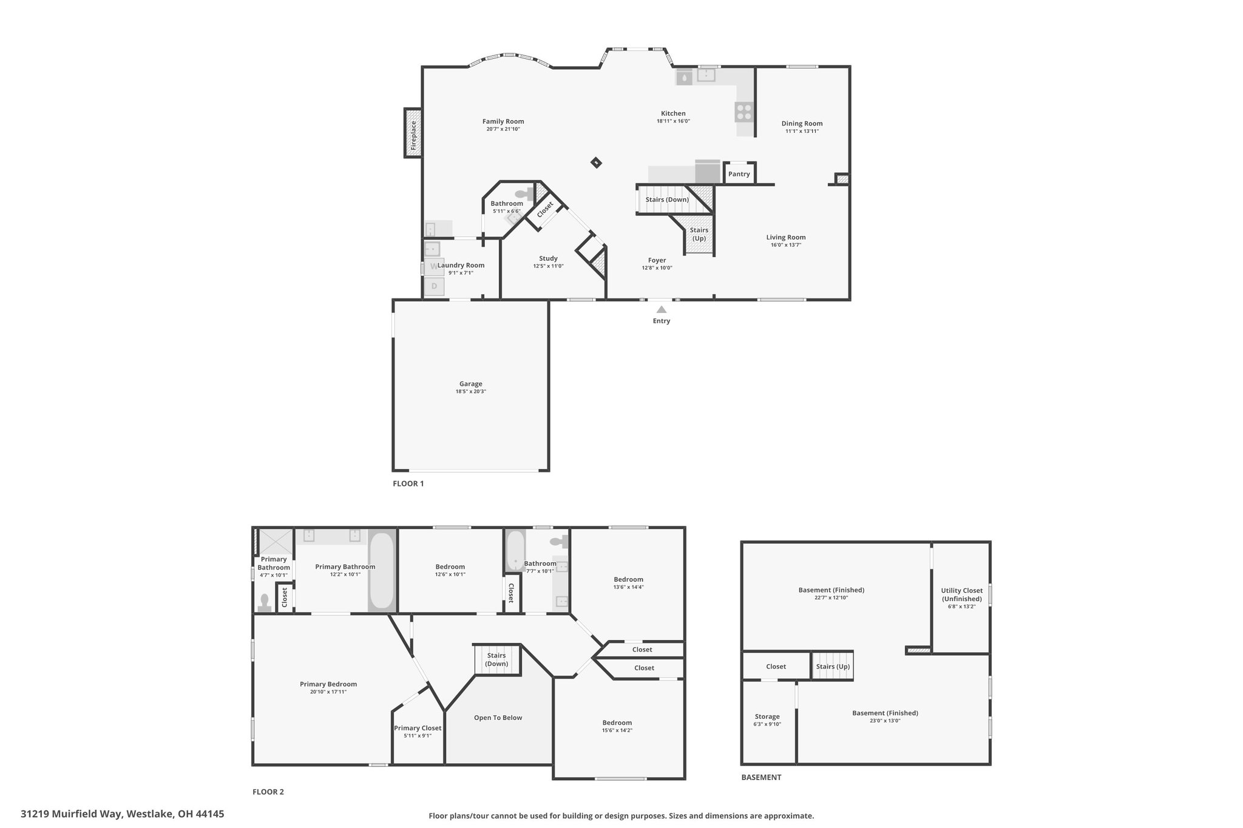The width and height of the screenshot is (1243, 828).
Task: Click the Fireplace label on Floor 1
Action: coord(413,135)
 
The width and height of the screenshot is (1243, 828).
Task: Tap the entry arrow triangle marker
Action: coord(662,309)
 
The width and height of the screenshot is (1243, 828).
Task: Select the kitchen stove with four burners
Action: coord(744,112)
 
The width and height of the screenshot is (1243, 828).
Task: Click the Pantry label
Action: coord(739,174)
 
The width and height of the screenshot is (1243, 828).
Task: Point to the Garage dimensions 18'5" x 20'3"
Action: coord(471,392)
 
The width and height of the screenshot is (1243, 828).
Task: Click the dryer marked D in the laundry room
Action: coord(434,286)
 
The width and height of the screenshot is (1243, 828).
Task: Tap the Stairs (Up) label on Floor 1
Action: coord(699,234)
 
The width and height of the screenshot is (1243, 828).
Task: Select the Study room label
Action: coord(548,258)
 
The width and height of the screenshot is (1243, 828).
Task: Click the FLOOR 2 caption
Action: coord(268,792)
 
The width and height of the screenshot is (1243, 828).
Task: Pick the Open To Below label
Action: coord(498,718)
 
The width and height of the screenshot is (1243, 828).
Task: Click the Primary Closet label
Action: coord(418,728)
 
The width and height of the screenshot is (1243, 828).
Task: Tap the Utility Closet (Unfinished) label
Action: coord(961,594)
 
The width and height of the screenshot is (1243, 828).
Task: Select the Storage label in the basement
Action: coord(767,716)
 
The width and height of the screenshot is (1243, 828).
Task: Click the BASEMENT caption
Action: coord(761,777)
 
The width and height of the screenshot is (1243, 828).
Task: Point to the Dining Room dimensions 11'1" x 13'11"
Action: coord(802,131)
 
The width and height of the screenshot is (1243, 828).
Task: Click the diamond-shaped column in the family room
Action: coord(597,162)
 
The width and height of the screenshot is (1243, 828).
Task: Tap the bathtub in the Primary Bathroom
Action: coord(382,570)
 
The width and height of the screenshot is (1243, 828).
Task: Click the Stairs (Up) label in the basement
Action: coord(833,667)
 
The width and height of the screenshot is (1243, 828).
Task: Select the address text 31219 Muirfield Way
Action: coord(72,814)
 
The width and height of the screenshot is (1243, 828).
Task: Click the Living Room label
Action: coord(786,237)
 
